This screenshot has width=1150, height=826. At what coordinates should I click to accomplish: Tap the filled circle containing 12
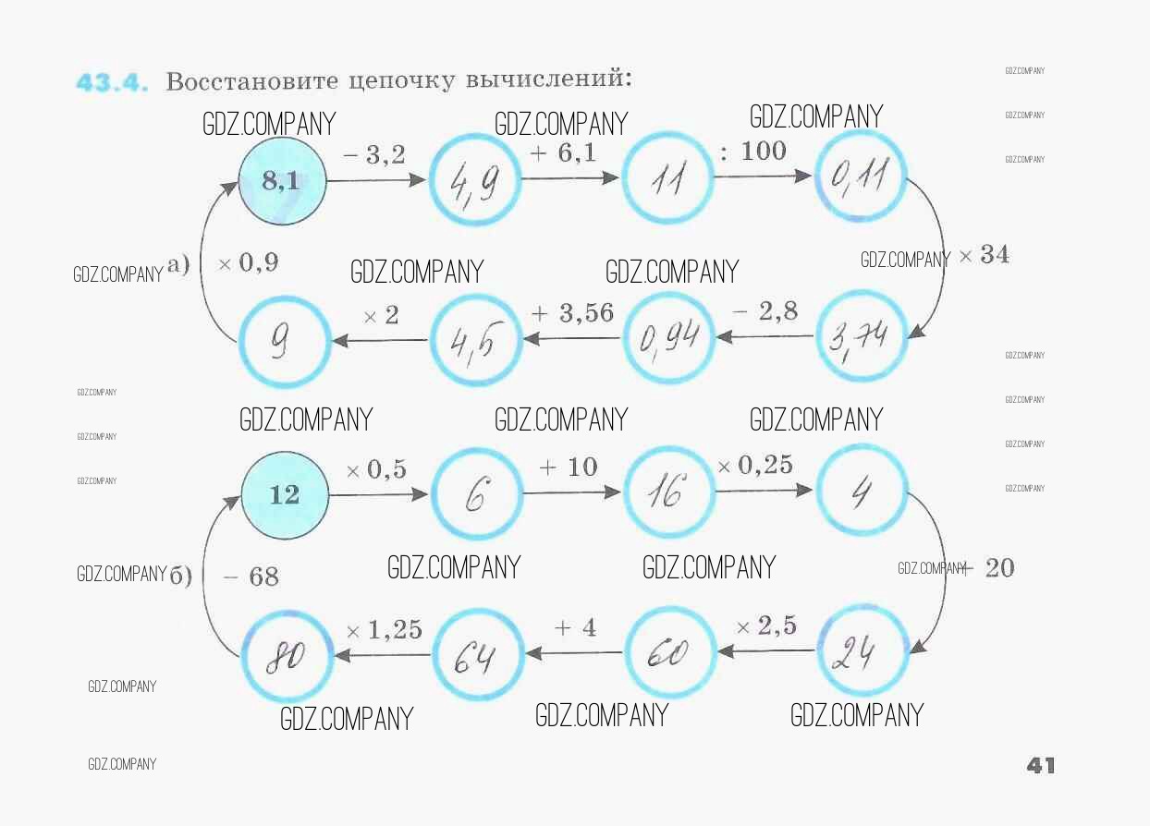coord(285,494)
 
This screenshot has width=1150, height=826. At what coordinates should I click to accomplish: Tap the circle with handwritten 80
coord(287,656)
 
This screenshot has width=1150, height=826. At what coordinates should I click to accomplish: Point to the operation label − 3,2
coord(374,155)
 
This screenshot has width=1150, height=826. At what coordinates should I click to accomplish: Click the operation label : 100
coord(752,151)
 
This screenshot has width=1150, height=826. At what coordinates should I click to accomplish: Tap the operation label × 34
coord(984,255)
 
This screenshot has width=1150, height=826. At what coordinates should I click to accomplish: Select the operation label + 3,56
coord(572,313)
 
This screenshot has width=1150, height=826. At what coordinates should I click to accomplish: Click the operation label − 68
coord(251,577)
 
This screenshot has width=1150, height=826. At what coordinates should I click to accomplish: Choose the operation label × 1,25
coord(384,630)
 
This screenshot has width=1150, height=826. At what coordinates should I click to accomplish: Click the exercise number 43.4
coord(112,82)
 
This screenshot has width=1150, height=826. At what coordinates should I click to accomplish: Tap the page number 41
coord(1041,765)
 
